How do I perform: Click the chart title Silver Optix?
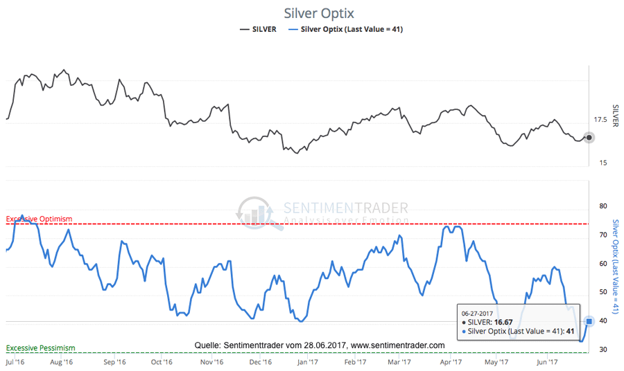319,13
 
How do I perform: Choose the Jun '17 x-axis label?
548,361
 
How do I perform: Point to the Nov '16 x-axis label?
212,361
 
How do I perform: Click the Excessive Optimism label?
39,219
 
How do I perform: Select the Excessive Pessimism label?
40,347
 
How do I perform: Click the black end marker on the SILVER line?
589,138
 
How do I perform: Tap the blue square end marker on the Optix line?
589,320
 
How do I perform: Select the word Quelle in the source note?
207,345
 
